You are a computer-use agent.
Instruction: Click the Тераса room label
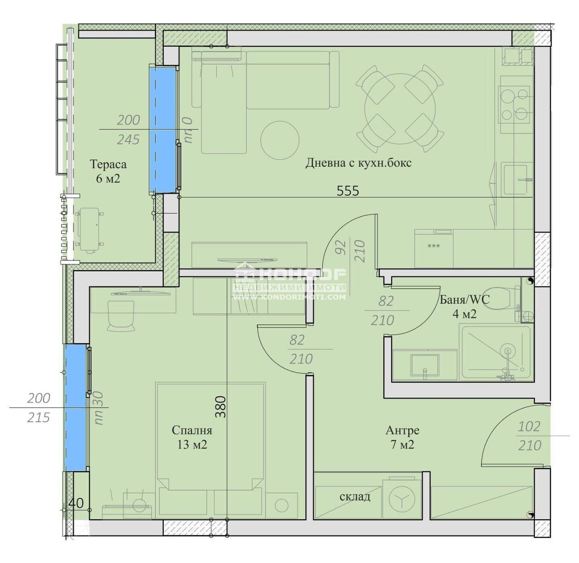point(108,164)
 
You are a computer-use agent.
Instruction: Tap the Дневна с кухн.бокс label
point(358,163)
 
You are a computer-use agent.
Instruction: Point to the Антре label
point(402,430)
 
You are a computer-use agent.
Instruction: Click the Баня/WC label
point(464,299)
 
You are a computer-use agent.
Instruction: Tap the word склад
point(355,496)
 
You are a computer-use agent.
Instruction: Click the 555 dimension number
point(348,190)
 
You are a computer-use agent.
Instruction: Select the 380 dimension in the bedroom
point(221,407)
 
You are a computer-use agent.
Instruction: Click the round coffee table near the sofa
point(280,140)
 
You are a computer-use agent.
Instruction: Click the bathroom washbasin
point(425,365)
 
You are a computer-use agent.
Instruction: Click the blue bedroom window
point(76,407)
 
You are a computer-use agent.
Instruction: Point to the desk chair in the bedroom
point(121,315)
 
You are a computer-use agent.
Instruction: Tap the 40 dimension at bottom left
point(76,503)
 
